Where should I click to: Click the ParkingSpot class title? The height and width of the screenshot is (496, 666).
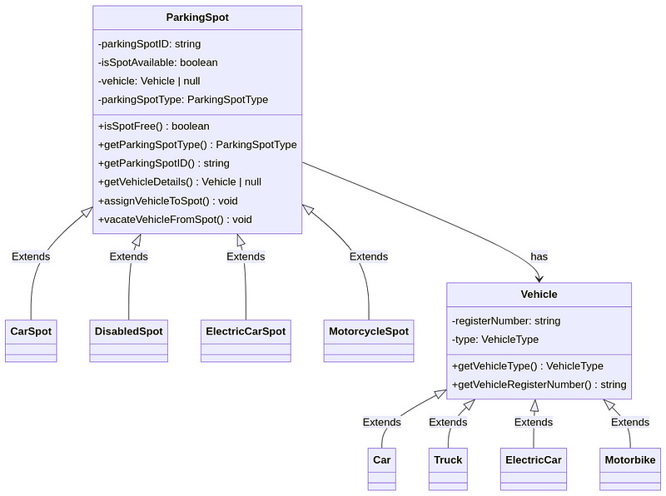click(197, 17)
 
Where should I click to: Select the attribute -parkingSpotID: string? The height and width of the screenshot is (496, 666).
click(150, 44)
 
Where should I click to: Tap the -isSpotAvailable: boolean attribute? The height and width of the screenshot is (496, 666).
click(158, 62)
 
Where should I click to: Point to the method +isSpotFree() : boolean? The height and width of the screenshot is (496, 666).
click(154, 126)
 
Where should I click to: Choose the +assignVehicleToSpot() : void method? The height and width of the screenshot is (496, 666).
click(168, 201)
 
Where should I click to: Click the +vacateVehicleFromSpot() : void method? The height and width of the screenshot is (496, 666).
click(175, 220)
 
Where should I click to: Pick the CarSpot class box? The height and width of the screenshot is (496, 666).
click(31, 340)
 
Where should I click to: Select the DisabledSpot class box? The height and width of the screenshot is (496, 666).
click(129, 340)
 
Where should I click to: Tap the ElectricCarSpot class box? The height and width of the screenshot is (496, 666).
click(246, 340)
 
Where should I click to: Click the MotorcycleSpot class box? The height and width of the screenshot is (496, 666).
click(369, 340)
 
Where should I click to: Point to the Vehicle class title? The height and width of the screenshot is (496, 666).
click(539, 295)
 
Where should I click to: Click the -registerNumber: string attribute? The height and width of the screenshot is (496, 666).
click(506, 320)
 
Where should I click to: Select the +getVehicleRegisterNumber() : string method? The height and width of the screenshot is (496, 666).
click(539, 384)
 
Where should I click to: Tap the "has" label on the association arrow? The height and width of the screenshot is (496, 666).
click(539, 256)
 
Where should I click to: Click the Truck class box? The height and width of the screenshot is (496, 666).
click(448, 469)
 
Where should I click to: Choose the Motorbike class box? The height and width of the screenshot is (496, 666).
click(630, 469)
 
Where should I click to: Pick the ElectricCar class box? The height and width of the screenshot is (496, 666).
click(534, 469)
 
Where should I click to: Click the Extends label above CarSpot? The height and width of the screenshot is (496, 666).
click(31, 256)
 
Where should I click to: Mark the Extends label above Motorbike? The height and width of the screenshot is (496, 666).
click(630, 422)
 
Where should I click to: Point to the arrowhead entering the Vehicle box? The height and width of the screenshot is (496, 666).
click(539, 280)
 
